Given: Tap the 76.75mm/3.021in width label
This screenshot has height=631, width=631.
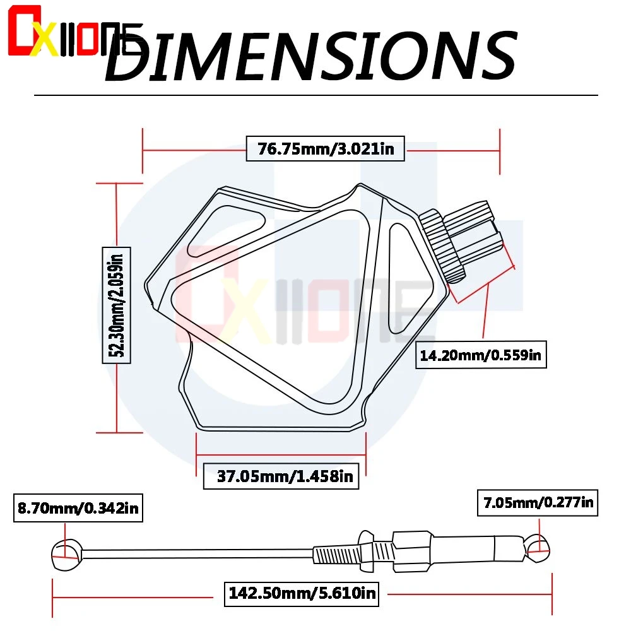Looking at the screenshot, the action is [325, 149].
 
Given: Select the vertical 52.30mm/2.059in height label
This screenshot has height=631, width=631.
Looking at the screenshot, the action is [117, 305].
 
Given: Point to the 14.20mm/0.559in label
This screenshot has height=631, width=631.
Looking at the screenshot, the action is [481, 355].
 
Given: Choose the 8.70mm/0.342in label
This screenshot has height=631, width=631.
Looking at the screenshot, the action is [78, 508].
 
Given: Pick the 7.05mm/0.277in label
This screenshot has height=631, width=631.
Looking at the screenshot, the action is [538, 503].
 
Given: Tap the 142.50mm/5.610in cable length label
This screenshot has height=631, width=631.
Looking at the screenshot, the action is [302, 593].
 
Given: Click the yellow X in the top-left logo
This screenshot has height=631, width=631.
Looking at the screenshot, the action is [45, 40].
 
